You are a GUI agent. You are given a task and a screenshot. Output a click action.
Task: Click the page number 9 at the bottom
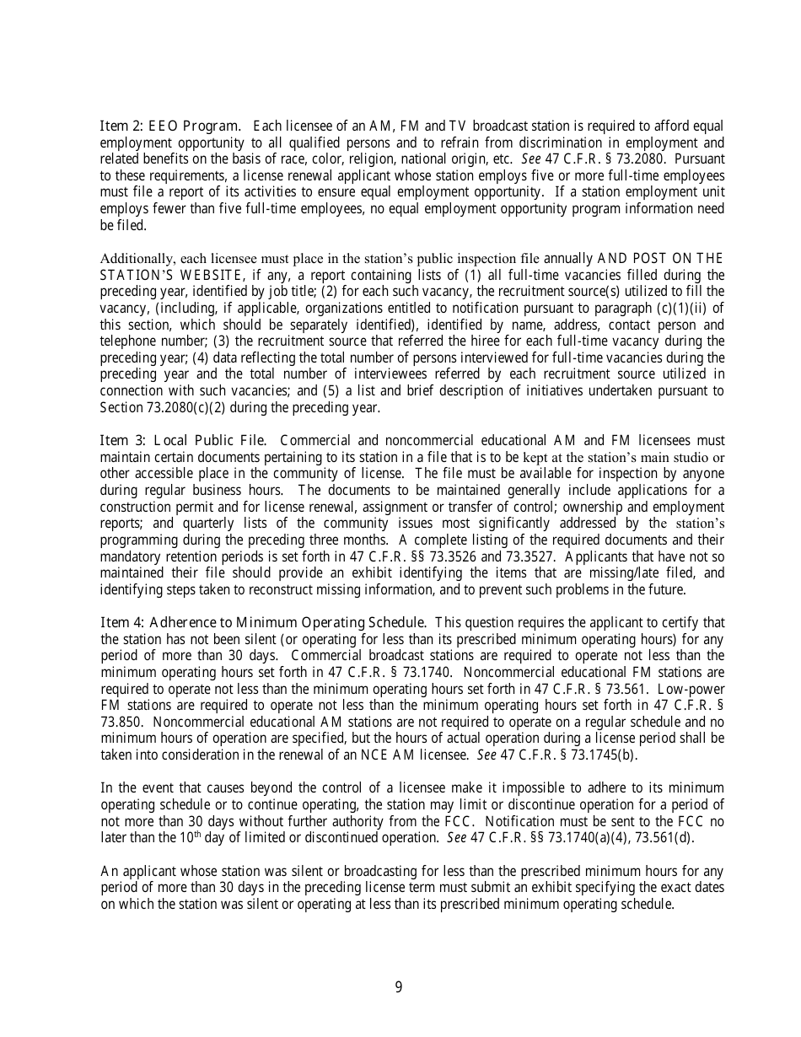[x=399, y=987]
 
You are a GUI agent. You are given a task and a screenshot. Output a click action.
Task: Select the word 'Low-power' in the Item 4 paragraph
[x=693, y=689]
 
